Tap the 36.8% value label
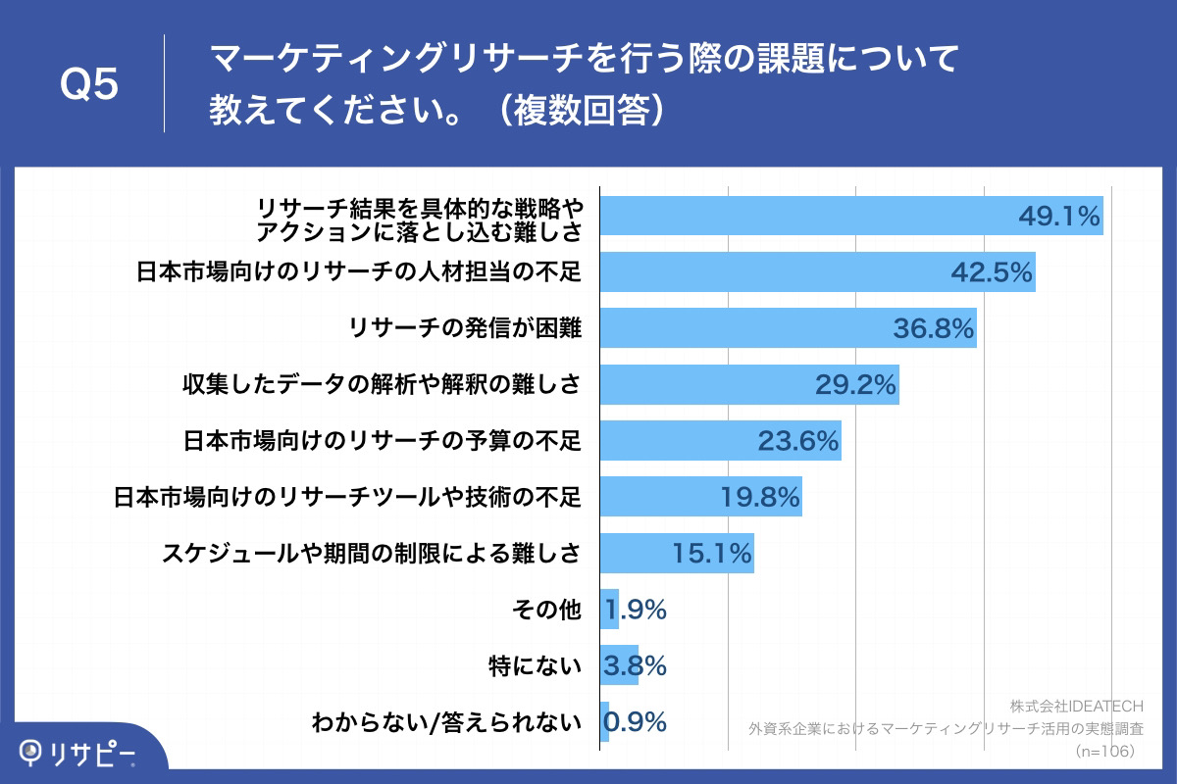[x=934, y=329]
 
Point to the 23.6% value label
[x=798, y=441]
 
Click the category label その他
[x=546, y=611]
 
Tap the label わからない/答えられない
[x=446, y=723]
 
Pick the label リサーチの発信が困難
[x=465, y=329]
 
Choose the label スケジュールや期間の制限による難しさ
[x=371, y=554]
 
